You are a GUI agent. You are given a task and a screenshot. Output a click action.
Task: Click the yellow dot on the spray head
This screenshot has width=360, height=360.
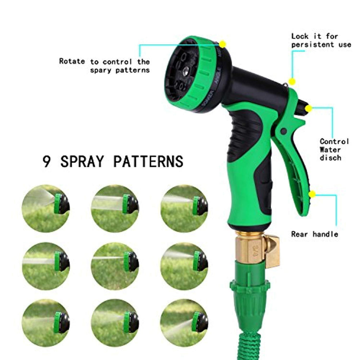coord(222,44)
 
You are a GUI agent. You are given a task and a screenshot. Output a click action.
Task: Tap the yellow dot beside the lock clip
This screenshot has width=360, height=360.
coord(292,82)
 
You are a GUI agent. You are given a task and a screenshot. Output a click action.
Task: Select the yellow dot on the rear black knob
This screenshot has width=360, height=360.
coord(308,108)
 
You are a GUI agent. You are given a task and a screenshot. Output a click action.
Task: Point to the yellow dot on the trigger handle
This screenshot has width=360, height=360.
coord(312,194)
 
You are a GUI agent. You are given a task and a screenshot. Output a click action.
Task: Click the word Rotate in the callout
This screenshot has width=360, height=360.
coord(72,61)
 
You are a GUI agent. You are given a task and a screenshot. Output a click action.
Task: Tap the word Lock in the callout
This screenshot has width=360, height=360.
coord(300,36)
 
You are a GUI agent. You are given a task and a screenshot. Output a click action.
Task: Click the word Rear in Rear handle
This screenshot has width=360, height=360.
coord(300,234)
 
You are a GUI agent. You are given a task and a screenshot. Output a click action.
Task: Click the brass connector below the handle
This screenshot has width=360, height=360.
coord(257,250)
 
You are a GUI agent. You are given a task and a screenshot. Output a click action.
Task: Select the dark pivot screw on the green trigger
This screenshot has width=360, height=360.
coord(284,131)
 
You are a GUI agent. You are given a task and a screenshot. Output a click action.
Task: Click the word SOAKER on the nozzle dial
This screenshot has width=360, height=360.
coord(207,98)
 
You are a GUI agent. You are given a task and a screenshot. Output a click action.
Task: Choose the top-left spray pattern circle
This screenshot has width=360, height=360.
coord(46,208)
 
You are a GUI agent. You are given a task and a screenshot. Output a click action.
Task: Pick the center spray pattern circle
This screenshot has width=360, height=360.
coord(115,266)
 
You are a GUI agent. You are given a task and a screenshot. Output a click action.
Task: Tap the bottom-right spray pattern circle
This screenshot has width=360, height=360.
coord(184,323)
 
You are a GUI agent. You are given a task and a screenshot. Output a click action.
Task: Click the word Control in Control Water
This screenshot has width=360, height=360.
coord(334,141)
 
